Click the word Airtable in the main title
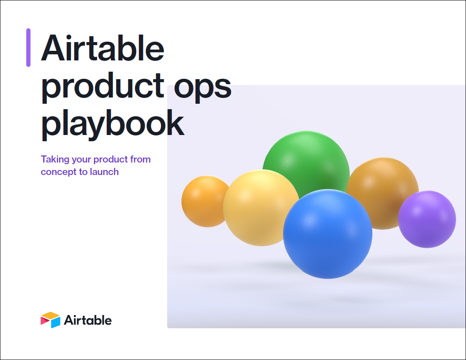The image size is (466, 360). pyautogui.click(x=103, y=48)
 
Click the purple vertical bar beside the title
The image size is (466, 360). pyautogui.click(x=28, y=47)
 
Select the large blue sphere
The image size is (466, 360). pyautogui.click(x=328, y=234)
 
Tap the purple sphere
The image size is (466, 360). pyautogui.click(x=427, y=219)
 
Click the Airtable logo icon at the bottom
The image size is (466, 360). pyautogui.click(x=50, y=320)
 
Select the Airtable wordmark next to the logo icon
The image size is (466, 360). pyautogui.click(x=88, y=320)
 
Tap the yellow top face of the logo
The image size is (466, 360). pyautogui.click(x=51, y=315)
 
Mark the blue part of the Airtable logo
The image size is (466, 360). pyautogui.click(x=56, y=323)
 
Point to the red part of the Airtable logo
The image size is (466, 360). pyautogui.click(x=45, y=321)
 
